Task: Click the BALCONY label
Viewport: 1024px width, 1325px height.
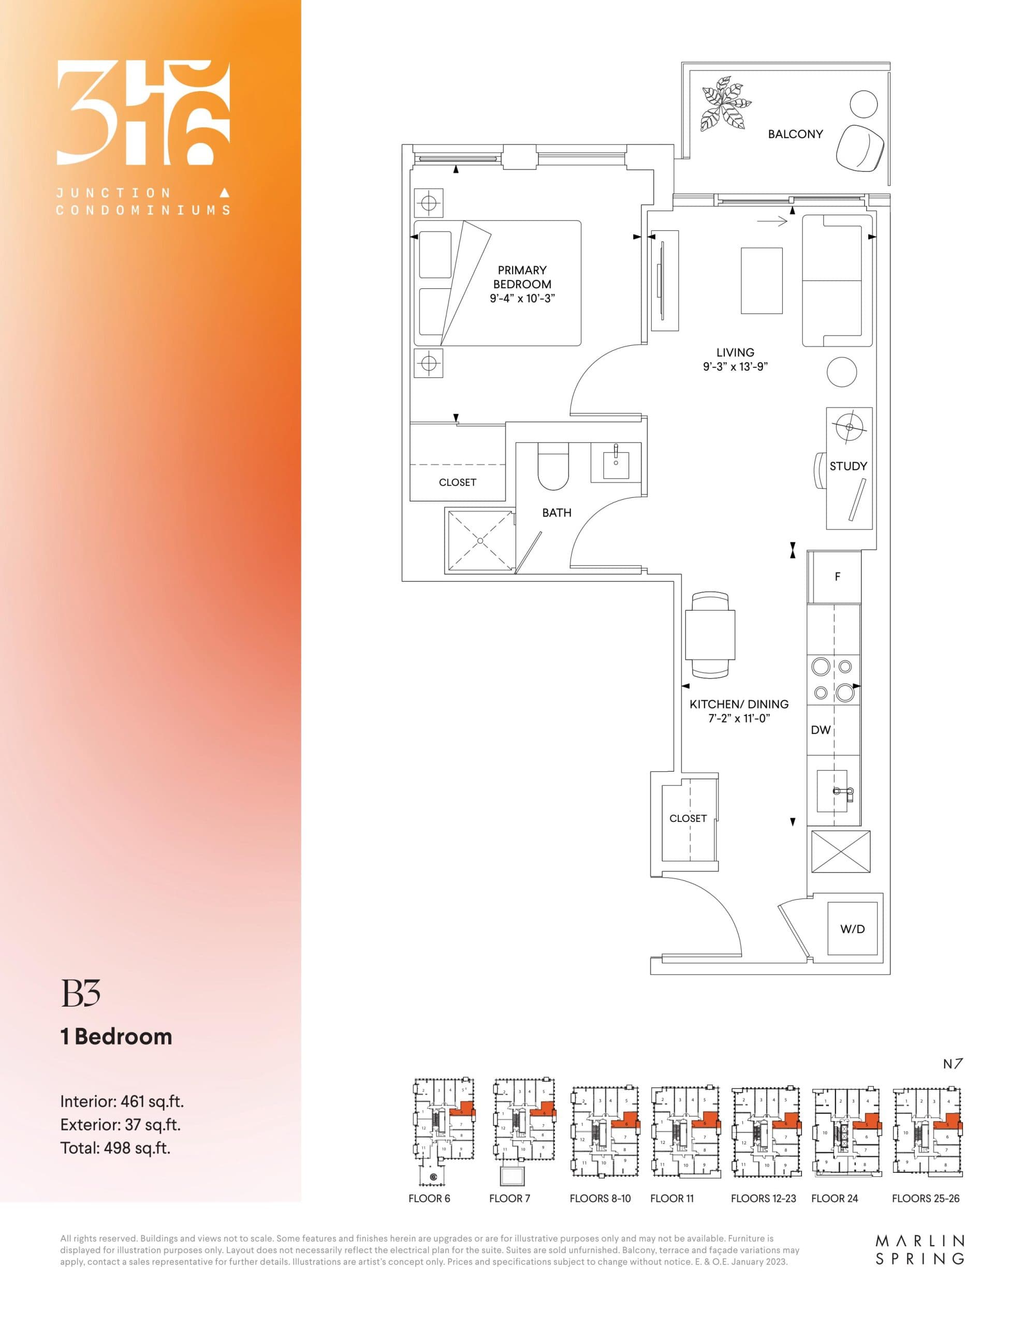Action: [795, 134]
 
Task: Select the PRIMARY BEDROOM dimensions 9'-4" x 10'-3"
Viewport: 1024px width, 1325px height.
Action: [522, 299]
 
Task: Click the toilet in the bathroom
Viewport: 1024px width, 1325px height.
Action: [552, 466]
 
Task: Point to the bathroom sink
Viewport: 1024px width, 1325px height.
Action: [616, 463]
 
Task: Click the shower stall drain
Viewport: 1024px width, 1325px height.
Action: [480, 540]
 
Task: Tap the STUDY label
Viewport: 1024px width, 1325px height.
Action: [848, 466]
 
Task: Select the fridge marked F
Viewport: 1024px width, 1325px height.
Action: [837, 577]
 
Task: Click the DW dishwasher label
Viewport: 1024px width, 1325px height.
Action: [821, 730]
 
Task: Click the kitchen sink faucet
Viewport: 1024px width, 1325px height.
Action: [843, 790]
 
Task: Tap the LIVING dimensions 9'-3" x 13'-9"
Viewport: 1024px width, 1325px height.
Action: [735, 366]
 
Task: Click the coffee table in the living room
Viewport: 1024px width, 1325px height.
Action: [761, 281]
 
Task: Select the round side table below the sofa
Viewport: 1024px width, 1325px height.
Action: [842, 372]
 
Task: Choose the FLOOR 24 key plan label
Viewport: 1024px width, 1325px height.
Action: [834, 1198]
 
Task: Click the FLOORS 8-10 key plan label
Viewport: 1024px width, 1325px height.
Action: [599, 1198]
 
